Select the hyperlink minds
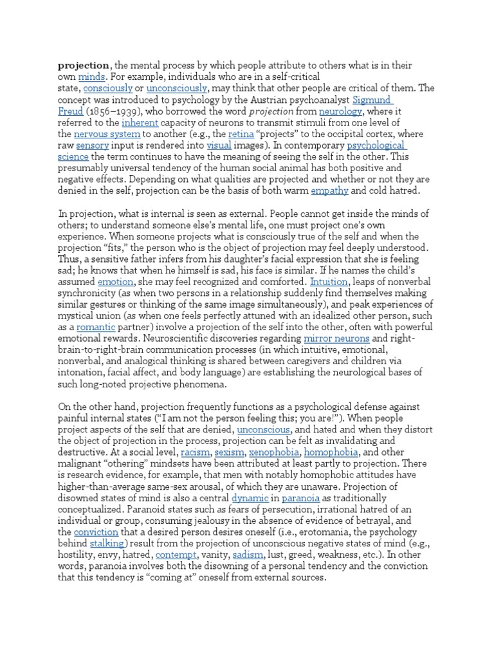pyautogui.click(x=91, y=77)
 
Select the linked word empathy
pyautogui.click(x=330, y=191)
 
